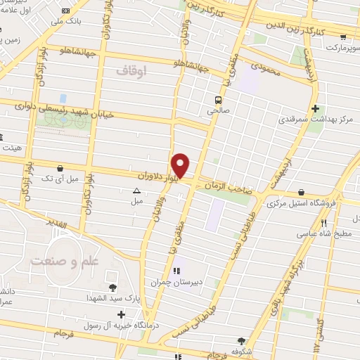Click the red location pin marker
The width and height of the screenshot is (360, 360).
(181, 165)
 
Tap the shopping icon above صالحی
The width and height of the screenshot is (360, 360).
(219, 99)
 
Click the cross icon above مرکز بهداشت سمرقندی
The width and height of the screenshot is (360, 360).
(315, 109)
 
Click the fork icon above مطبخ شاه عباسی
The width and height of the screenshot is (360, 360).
(323, 224)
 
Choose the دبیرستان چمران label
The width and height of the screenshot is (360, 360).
(176, 282)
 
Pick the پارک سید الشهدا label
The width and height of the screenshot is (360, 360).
(112, 298)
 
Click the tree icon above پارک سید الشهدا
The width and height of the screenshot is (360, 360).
(112, 287)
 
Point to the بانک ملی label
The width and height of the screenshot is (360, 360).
(67, 22)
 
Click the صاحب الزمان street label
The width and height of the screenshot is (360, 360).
(227, 185)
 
